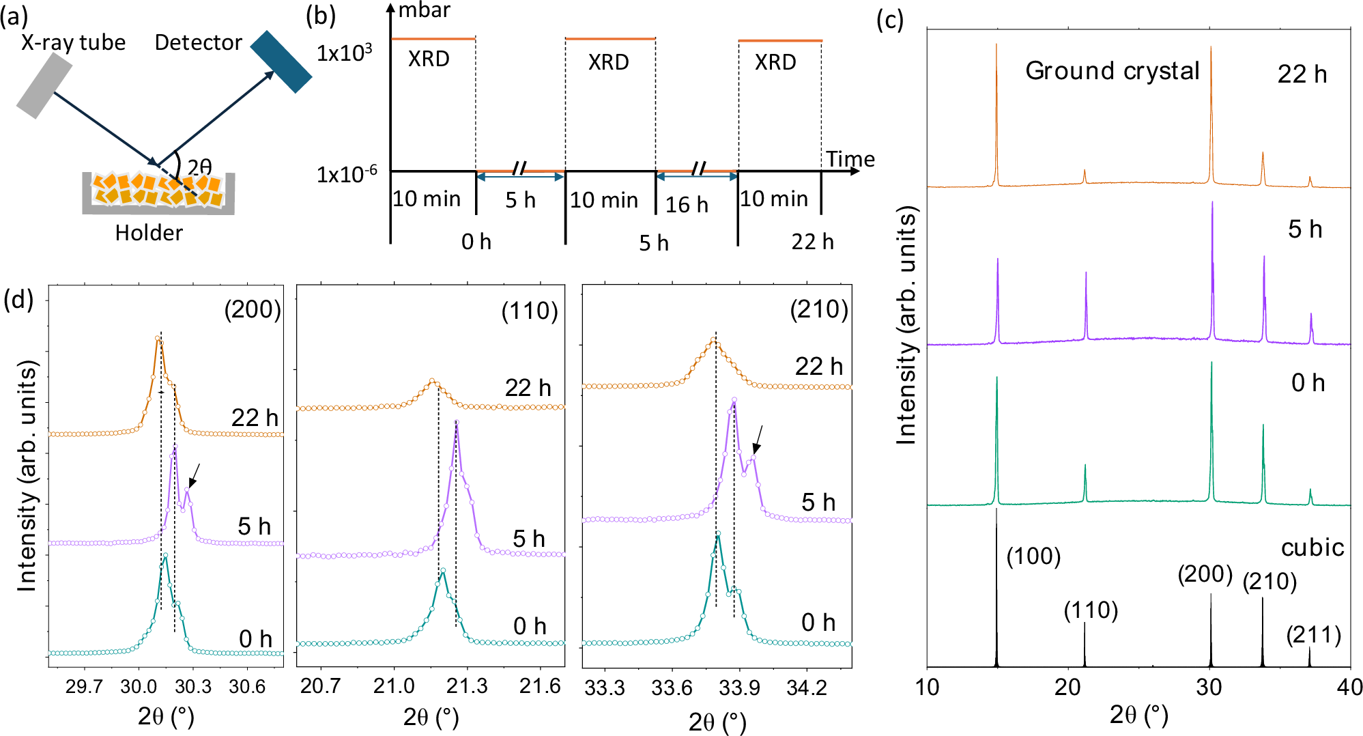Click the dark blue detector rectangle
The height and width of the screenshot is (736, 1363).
[281, 61]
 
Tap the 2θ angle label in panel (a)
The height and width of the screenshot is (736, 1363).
[199, 167]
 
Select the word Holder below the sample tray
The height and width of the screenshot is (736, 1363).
[149, 233]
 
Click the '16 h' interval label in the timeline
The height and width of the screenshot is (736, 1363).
[687, 204]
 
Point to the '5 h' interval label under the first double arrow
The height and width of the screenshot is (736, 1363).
[520, 200]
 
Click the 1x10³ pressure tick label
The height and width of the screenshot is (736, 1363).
[345, 53]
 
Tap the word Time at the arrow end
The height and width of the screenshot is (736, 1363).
[850, 159]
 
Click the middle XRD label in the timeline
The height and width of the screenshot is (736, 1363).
[608, 62]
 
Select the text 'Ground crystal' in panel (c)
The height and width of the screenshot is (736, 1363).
[1112, 71]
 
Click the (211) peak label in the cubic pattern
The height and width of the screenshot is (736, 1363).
[1313, 636]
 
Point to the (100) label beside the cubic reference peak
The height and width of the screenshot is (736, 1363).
[1033, 556]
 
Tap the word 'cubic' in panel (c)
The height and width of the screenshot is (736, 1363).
[1312, 548]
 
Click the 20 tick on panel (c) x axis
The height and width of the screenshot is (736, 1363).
[1067, 687]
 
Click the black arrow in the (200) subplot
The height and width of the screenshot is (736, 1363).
[194, 476]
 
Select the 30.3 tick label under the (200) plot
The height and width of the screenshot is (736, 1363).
[192, 686]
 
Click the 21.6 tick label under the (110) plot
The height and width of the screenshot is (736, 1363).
[540, 686]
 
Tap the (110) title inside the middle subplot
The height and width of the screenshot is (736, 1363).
[530, 311]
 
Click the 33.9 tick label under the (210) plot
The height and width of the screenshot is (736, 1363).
[739, 688]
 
